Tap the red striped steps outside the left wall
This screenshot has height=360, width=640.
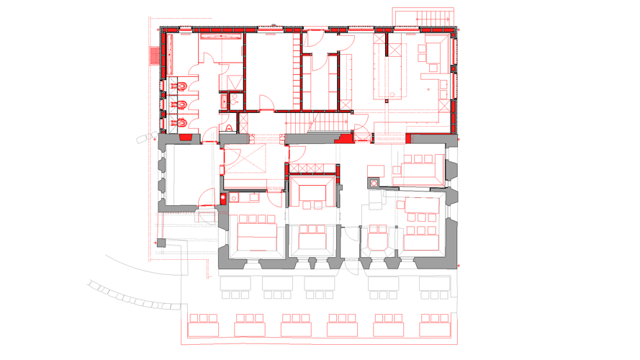click(154, 55)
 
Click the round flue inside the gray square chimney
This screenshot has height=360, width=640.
click(374, 183)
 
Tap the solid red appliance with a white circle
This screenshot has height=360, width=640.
click(224, 198)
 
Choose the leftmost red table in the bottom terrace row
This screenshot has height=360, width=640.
click(203, 325)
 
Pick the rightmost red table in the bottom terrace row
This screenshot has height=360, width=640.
click(436, 325)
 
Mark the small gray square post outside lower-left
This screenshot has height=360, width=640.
click(163, 242)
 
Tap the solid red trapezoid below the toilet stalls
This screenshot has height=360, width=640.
click(185, 137)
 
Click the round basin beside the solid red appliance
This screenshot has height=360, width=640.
click(233, 198)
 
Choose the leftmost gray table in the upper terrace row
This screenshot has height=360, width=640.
click(235, 287)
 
